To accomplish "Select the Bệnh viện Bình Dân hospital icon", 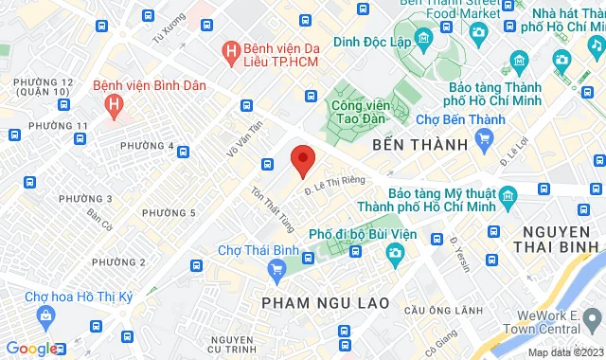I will tap(115, 100).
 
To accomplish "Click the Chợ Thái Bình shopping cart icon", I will tap(276, 270).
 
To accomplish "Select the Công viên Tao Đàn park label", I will tap(361, 111).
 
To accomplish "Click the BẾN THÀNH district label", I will tap(420, 145).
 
